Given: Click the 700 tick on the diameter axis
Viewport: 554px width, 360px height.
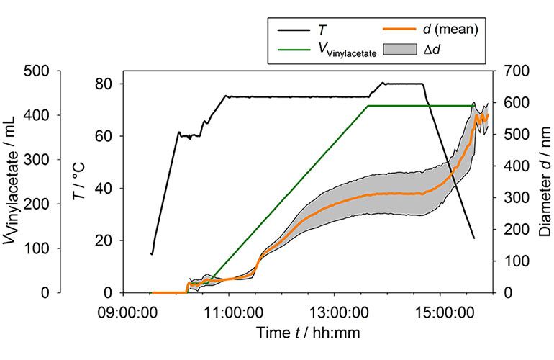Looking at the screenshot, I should (x=515, y=71).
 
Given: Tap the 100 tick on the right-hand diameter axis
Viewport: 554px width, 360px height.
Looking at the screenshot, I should (x=515, y=261).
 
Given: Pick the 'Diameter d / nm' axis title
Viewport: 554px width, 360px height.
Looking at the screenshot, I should (x=545, y=181).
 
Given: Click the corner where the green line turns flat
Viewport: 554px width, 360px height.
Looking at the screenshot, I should (x=368, y=106).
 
